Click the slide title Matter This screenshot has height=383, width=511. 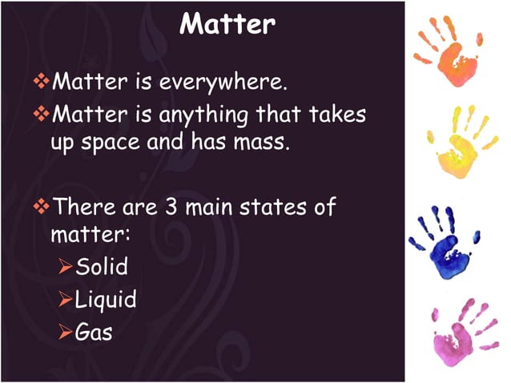[x=227, y=25]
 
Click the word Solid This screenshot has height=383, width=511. [x=101, y=266]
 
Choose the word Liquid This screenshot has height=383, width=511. [x=105, y=300]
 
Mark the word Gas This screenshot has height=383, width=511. [x=93, y=331]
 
